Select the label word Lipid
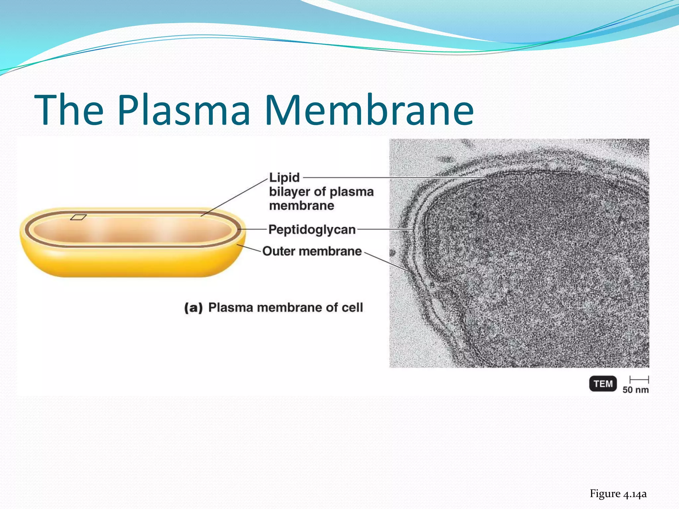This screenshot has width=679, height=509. pos(284,178)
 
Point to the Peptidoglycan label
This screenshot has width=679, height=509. pos(312,230)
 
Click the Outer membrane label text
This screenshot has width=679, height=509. pos(312,251)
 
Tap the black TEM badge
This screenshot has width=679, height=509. pos(603,384)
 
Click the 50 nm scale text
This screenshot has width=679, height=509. pos(635,390)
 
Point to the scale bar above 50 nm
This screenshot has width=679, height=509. pos(639,379)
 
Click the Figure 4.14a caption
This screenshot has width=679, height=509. pos(618,494)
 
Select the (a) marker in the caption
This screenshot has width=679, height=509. pos(193,308)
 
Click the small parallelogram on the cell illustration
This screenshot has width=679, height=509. pos(78,217)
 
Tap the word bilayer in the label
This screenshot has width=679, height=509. pos(289,192)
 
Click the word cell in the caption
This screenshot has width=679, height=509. pos(352,308)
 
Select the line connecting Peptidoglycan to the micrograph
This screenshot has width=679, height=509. pos(385,229)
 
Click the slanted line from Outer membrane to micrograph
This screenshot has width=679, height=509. pos(386,261)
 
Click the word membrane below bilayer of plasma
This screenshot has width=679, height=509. pos(301,206)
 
